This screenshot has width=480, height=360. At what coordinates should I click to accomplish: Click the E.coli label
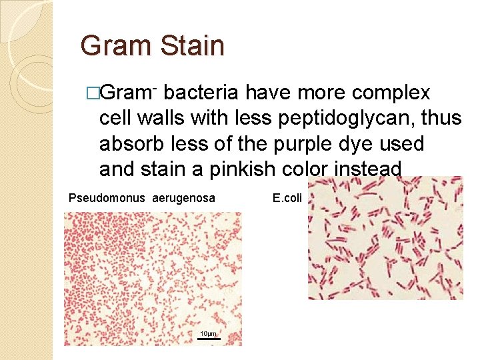287,198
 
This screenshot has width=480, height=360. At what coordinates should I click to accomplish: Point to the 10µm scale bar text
208,333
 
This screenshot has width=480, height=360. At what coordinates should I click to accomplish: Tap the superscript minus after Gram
154,87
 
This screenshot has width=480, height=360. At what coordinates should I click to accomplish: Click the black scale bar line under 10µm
208,339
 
